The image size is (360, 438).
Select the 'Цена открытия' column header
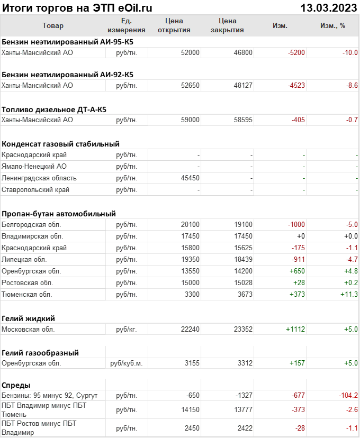(174, 25)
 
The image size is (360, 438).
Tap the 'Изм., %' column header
(332, 25)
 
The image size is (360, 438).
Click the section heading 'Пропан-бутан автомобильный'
(59, 214)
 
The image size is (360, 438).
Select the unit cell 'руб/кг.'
(126, 330)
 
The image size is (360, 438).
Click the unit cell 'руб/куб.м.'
(126, 363)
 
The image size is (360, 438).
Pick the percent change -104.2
(347, 396)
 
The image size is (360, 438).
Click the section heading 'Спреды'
(16, 385)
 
